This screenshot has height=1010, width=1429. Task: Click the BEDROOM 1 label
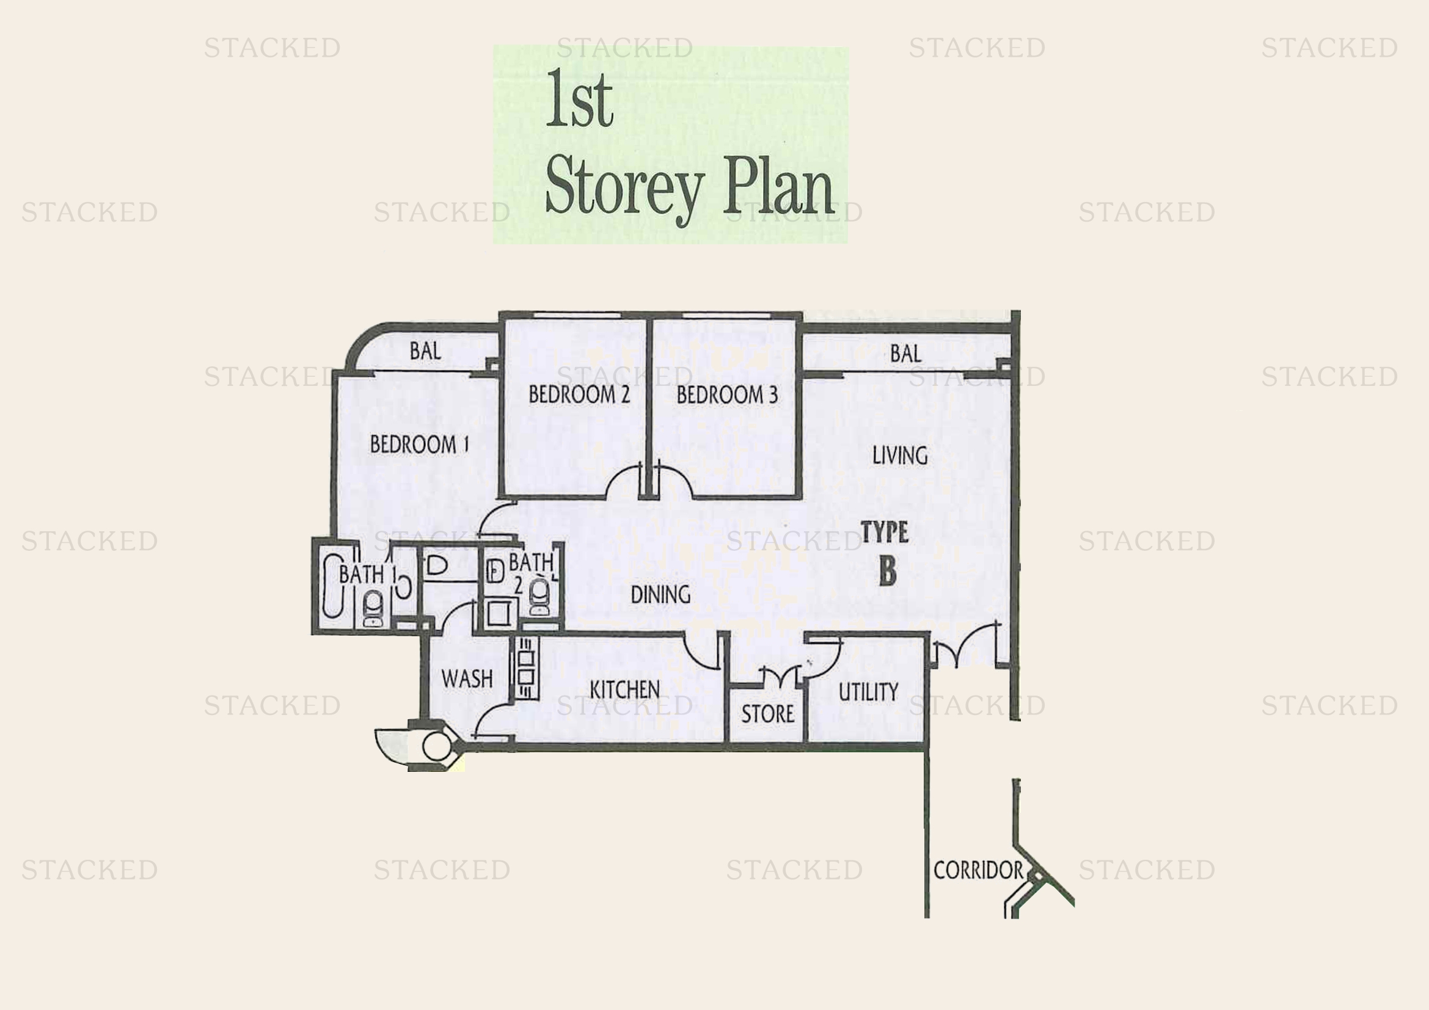[x=420, y=444]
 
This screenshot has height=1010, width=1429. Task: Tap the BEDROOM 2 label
[x=579, y=394]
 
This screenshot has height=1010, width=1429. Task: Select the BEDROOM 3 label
[x=727, y=394]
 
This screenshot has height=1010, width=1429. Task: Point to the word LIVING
[x=900, y=456]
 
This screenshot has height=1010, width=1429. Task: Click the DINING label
[x=660, y=595]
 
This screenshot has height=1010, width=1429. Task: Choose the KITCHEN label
[x=624, y=689]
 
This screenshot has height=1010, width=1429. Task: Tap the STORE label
[x=767, y=714]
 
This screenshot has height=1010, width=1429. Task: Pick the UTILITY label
[x=868, y=692]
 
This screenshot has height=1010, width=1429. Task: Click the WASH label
[x=467, y=678]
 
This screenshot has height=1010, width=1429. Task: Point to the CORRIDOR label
[x=978, y=870]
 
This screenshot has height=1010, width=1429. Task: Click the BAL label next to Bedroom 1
[x=426, y=351]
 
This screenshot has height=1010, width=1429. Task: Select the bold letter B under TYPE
[x=888, y=571]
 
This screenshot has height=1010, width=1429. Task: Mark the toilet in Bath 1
[x=373, y=607]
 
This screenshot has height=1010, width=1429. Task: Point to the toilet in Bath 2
[x=539, y=596]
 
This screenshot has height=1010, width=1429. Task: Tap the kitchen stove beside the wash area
[x=525, y=667]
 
